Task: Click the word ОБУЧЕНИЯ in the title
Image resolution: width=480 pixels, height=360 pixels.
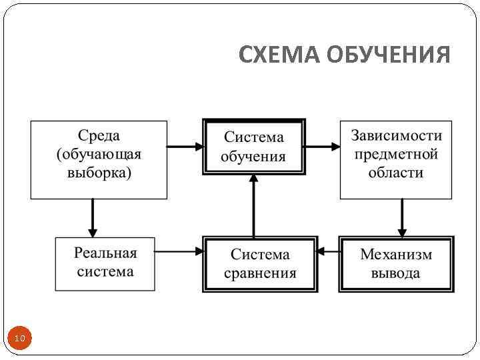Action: point(389,55)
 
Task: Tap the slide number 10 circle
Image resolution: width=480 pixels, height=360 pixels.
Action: point(20,339)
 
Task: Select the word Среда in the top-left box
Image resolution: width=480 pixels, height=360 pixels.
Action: point(99,136)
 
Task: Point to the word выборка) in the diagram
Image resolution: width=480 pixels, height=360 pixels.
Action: point(99,173)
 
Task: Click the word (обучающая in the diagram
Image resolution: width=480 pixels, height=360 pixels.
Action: point(99,154)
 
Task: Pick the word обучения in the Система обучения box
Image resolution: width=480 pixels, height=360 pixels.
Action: point(253,157)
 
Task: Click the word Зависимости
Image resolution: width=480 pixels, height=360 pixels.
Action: point(396,136)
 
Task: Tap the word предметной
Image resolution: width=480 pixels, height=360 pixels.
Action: point(396,154)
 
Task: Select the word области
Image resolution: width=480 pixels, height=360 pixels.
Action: point(396,173)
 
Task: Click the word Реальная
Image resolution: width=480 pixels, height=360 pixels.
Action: point(105,253)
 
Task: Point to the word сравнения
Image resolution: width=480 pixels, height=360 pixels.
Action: point(260,273)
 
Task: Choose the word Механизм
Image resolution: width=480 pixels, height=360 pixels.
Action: point(396,255)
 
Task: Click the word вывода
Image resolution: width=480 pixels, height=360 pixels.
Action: point(396,273)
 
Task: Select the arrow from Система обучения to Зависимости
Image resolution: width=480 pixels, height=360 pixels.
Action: point(323,147)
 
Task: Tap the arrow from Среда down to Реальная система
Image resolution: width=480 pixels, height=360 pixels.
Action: point(93,217)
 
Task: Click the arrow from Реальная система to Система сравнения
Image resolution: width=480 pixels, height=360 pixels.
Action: point(179,251)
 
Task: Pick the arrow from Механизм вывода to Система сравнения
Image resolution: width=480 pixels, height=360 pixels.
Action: point(328,251)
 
